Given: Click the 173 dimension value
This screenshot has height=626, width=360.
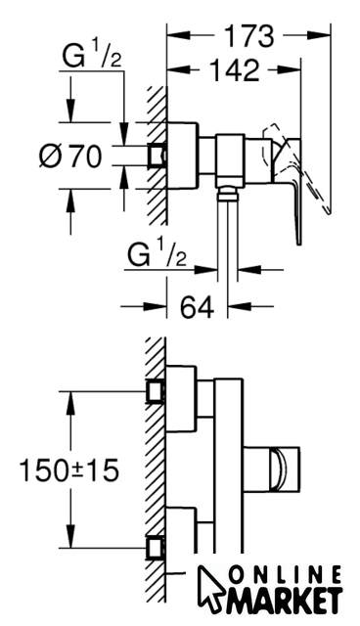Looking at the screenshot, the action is [x=249, y=36].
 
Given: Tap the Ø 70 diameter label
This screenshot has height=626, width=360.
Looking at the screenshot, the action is [x=71, y=156].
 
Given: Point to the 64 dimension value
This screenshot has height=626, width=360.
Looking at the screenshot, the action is [x=198, y=306].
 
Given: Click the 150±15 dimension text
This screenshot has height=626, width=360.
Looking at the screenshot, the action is [x=69, y=469].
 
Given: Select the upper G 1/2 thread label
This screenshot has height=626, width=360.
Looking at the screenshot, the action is [x=92, y=56].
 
